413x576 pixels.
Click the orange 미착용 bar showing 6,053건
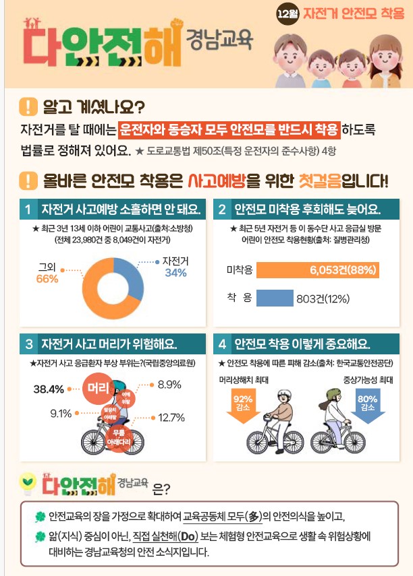[318, 271]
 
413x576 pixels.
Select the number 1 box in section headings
[28, 210]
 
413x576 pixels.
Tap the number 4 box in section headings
[222, 344]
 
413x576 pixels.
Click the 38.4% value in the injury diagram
[49, 389]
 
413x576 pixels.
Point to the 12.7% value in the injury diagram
[171, 418]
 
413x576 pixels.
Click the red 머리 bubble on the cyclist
[98, 388]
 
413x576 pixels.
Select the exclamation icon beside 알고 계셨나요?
[28, 107]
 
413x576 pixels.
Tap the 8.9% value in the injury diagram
[169, 385]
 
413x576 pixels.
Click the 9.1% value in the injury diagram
[61, 413]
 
